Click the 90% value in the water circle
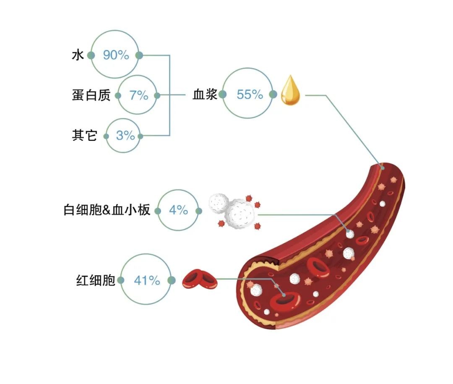tap(116, 55)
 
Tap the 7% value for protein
tap(138, 95)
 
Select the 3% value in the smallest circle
tap(125, 136)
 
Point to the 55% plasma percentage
tap(250, 95)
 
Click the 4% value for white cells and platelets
tap(178, 210)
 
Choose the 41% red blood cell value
tap(147, 280)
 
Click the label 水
tap(78, 55)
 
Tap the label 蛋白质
tap(91, 95)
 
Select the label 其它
tap(85, 136)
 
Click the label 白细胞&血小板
tap(107, 210)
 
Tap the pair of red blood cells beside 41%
tap(200, 280)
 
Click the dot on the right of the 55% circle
tap(273, 95)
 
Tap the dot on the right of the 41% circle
tap(171, 280)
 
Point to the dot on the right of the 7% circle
tap(157, 95)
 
